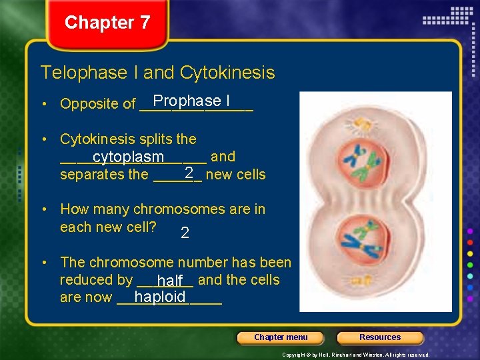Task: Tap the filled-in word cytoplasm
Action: click(x=128, y=157)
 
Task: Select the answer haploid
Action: click(x=159, y=297)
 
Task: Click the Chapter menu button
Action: click(x=281, y=337)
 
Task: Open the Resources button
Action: click(x=380, y=337)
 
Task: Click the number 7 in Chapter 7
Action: click(x=145, y=23)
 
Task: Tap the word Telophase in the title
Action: click(x=76, y=72)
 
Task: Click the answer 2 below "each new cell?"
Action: click(x=185, y=233)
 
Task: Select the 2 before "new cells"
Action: click(x=189, y=173)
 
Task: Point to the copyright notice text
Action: click(x=355, y=355)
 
